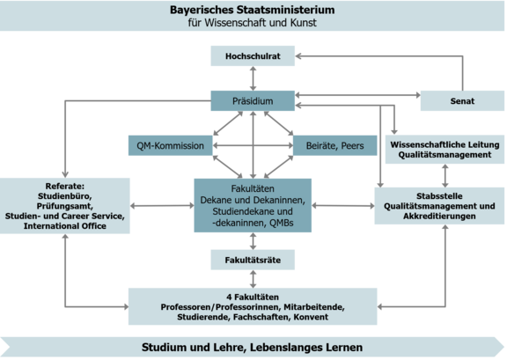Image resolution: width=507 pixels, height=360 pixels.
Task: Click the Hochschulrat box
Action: (253, 55)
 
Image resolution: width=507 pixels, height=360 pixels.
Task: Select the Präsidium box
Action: (253, 102)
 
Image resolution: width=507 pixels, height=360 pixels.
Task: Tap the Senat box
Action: (462, 102)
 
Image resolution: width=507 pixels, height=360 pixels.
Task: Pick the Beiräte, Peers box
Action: (335, 144)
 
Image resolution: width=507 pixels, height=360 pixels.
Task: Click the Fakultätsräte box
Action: (253, 260)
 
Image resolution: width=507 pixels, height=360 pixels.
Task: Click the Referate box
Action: (66, 206)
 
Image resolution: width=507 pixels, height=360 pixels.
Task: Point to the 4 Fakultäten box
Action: (253, 305)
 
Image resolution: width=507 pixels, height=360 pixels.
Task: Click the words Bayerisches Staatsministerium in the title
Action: (253, 10)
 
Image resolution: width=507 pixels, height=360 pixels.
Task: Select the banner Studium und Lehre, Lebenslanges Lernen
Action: (253, 347)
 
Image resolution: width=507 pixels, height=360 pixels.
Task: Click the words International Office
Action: (66, 226)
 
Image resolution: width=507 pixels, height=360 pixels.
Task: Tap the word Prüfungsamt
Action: (66, 207)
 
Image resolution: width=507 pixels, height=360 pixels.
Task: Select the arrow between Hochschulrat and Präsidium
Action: (253, 78)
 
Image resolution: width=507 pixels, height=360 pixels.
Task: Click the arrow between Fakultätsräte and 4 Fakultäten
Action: (253, 278)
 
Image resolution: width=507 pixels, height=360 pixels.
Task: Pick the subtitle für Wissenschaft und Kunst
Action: (253, 23)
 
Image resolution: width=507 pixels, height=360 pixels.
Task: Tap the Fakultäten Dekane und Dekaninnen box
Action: (253, 205)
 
